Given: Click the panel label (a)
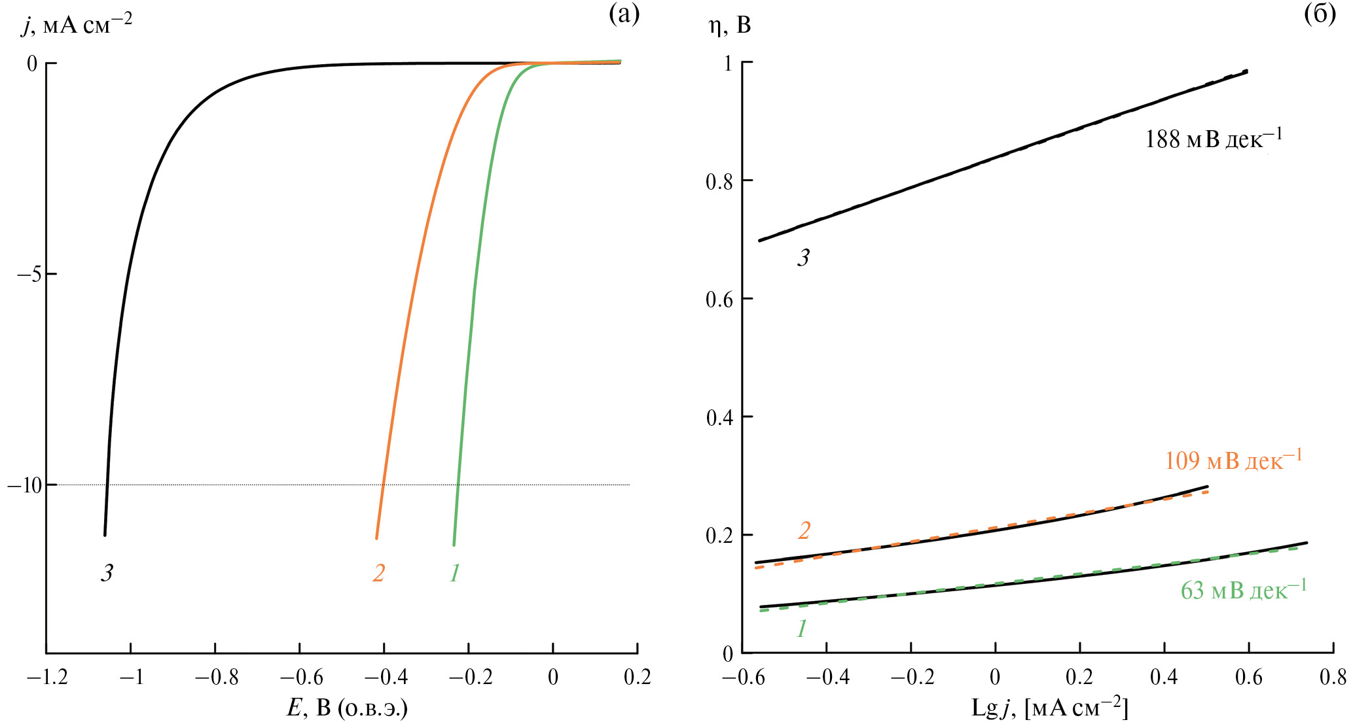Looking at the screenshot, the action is coord(624,14).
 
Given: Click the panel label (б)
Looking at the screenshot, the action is coord(1320,14).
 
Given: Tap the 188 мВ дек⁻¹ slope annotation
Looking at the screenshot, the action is coord(1214,139).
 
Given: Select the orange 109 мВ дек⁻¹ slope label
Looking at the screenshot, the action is coord(1233,460).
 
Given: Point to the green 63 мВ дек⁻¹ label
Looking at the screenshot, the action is coord(1244,589).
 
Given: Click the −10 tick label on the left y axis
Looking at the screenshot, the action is coord(24,485).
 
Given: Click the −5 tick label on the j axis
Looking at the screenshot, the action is coord(29,275).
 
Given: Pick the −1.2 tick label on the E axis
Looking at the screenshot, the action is coord(47,678).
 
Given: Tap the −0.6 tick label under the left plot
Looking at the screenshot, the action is coord(300,678).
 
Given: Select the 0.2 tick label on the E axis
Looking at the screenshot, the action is coord(638,678).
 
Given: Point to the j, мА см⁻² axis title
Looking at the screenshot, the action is coord(77,24).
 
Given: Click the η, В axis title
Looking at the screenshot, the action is coord(730,26).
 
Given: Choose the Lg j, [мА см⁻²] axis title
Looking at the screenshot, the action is coord(1049,708).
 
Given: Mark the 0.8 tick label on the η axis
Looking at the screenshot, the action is coord(719,181).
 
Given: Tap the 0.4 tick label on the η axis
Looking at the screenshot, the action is coord(719,417).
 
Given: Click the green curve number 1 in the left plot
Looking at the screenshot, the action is coord(455,573).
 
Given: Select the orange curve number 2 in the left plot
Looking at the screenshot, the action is coord(378,573).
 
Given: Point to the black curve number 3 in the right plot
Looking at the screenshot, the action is coord(803,258).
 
